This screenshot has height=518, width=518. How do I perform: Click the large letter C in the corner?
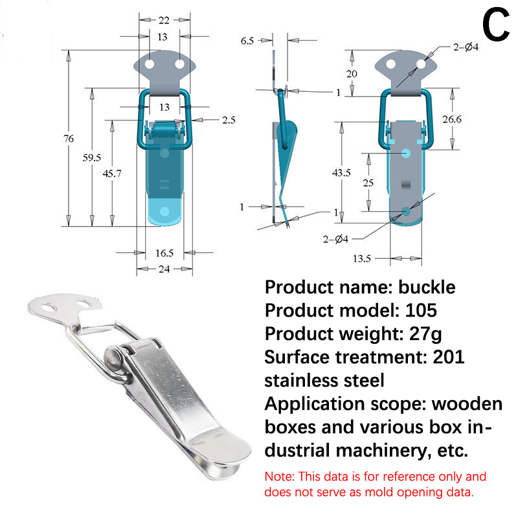pos(496,27)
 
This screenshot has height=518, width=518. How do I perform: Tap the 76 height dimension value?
pos(69,138)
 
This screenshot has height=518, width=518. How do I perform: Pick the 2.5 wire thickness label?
pos(211,119)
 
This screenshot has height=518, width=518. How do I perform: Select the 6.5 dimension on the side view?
pos(247,40)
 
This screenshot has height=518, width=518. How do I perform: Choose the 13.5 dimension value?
pos(362,258)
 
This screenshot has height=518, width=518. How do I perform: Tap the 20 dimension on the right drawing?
pos(352,74)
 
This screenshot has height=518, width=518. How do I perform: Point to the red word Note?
pos(279,477)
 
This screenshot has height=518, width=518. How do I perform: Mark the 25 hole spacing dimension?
pos(368,183)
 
